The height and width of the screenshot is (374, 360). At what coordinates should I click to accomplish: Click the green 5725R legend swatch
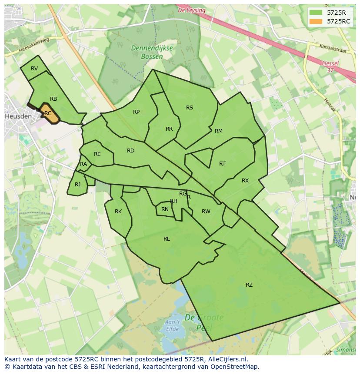316,13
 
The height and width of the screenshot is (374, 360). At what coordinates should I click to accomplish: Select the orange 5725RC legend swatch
316,21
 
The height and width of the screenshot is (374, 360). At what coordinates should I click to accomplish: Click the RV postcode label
34,69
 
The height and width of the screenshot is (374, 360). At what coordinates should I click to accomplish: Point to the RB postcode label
53,99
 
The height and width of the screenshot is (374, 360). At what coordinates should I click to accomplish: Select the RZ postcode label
249,285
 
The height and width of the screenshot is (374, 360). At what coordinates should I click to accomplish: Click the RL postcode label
167,239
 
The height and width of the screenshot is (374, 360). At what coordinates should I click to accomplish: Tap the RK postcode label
118,212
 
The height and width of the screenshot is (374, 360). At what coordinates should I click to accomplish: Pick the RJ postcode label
77,185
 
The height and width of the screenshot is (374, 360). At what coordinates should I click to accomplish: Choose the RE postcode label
97,154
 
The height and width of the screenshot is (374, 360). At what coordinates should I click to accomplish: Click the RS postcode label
190,108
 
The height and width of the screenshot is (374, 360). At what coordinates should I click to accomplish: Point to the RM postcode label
219,131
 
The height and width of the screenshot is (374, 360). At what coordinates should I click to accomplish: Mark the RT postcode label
222,164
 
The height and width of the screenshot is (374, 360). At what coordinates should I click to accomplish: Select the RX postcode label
245,181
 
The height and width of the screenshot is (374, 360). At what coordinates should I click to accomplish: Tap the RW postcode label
206,212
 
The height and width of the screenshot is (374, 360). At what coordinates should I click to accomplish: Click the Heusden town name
18,117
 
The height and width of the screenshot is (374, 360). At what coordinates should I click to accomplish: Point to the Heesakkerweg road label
35,46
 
